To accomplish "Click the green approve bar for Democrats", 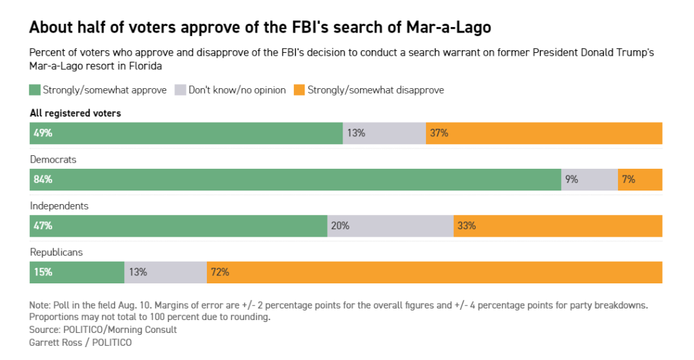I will (x=295, y=180).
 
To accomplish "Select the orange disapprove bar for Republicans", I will (x=434, y=272).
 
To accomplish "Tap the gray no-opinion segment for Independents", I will (x=390, y=226).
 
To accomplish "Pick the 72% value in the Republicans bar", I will (x=220, y=272).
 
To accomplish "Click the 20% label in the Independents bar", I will (x=340, y=226).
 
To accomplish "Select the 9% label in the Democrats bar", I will (x=571, y=180).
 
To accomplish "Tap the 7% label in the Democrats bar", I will (x=628, y=180).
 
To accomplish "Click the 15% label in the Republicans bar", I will (x=41, y=272).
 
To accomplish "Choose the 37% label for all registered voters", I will (x=439, y=134).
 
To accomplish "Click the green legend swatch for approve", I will (x=35, y=89).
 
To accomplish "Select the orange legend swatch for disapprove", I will (x=299, y=89).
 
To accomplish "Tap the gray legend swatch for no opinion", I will (x=180, y=89).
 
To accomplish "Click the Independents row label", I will (x=59, y=205).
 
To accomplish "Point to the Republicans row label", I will (x=56, y=252).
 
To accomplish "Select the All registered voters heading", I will (x=75, y=113).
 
